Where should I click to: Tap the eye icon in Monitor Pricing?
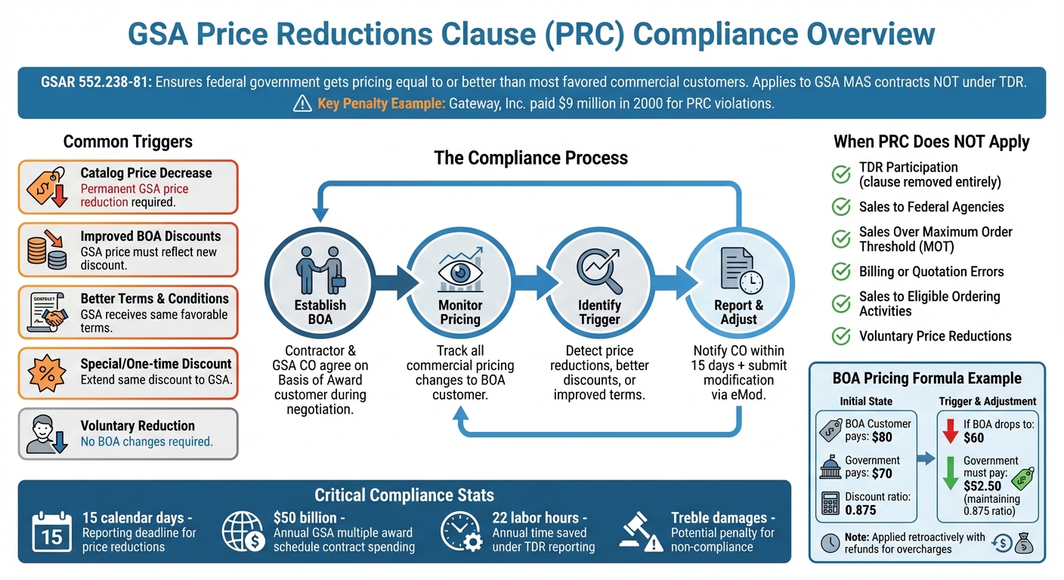(x=459, y=272)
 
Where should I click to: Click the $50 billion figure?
(x=305, y=518)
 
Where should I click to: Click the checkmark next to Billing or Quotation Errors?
(x=841, y=272)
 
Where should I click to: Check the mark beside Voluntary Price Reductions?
(x=841, y=336)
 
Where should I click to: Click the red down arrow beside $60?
(x=950, y=430)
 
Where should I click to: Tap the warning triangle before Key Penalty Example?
(x=302, y=103)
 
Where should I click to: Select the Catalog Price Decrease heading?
(x=146, y=173)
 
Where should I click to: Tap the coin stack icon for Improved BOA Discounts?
(x=46, y=250)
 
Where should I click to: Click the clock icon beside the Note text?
(x=830, y=542)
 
